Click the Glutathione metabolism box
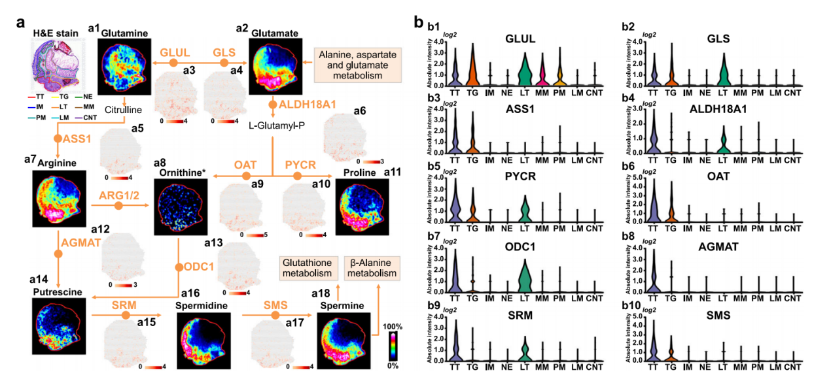click(x=306, y=267)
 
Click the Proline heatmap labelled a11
click(x=361, y=207)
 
